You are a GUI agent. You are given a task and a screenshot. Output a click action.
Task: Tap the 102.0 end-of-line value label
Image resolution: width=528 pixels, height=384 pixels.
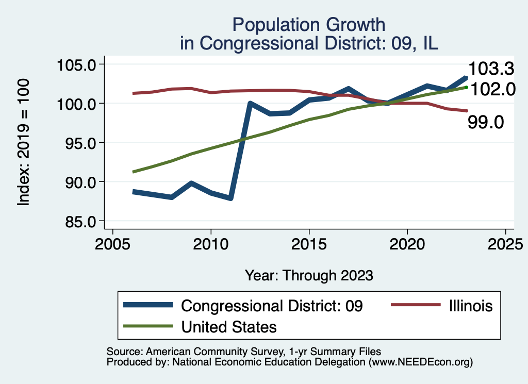click(492, 89)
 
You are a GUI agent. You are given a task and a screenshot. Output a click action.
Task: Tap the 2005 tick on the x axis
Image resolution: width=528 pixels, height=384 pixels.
click(112, 242)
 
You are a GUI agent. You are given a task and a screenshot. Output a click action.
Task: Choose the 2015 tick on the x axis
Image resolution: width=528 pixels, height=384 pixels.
click(309, 242)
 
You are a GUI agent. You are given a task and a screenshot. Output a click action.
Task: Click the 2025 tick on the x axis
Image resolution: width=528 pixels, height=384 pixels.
click(505, 242)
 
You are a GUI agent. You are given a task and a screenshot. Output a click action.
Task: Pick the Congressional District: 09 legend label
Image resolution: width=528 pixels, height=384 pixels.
click(272, 306)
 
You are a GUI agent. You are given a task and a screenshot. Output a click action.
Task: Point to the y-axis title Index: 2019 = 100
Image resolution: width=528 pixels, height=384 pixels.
click(24, 143)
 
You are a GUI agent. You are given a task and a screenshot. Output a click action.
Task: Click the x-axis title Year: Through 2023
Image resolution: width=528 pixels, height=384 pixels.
click(309, 275)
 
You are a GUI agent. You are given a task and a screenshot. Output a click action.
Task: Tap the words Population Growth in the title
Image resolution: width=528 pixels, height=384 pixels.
click(309, 24)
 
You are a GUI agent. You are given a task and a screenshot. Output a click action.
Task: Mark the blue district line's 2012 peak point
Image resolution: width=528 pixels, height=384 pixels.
click(250, 104)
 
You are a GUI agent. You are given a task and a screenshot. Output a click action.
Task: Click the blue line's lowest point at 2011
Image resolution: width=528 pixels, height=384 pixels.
click(230, 198)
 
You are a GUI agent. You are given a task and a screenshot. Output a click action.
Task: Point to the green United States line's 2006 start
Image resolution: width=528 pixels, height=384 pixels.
click(134, 172)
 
